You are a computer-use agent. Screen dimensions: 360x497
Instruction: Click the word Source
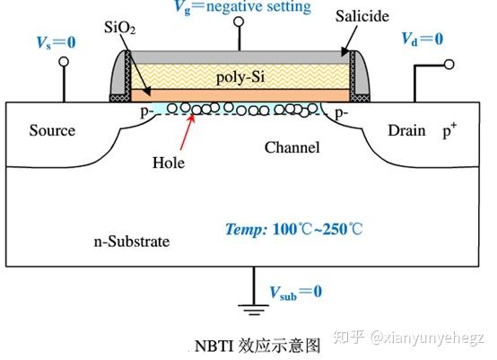[x=52, y=131]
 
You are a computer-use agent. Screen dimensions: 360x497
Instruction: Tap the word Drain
[x=406, y=131]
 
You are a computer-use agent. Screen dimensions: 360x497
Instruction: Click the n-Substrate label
[x=132, y=242]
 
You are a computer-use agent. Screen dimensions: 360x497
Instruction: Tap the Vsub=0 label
[x=295, y=292]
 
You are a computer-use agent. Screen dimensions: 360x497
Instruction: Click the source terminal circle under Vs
[x=64, y=63]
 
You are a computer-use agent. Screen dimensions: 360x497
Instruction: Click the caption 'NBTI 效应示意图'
[x=257, y=346]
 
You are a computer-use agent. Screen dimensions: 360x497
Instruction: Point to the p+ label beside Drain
[x=449, y=131]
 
